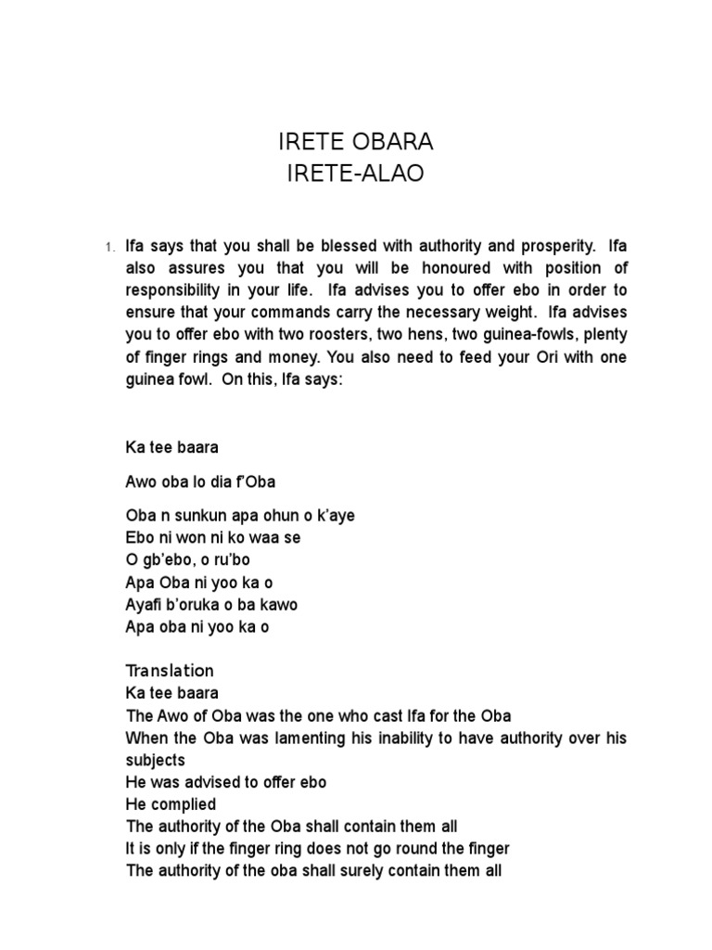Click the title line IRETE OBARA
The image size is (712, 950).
356,143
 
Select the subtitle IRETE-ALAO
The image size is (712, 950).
356,173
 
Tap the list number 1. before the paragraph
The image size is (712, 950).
109,248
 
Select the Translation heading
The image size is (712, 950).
170,671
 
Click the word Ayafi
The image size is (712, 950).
145,604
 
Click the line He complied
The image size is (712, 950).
171,804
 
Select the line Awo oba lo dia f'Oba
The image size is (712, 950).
200,481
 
